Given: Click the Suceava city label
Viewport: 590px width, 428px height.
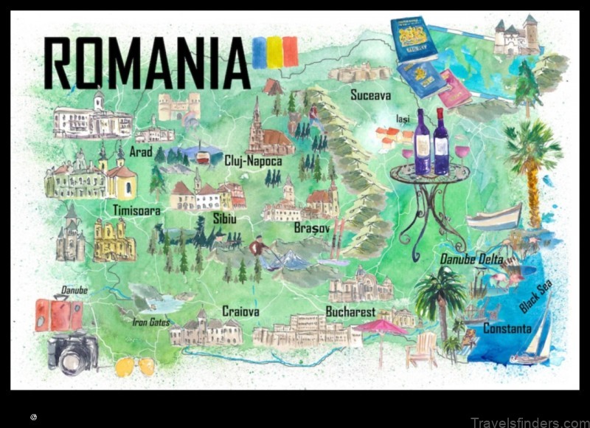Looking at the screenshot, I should tap(371, 95).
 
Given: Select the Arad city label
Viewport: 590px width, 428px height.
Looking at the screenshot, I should tap(140, 151).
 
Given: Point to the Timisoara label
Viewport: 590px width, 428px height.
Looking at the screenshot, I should tap(136, 211).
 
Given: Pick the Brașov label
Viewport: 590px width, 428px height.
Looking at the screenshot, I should tap(312, 228).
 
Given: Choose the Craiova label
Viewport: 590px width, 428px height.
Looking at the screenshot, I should tap(240, 311).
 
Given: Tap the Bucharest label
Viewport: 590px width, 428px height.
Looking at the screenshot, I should tap(350, 311).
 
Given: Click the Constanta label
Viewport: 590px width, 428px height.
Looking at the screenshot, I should tap(507, 328).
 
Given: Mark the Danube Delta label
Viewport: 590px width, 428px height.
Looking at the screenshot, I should tap(472, 259).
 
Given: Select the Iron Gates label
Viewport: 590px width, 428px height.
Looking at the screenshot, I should tap(151, 322).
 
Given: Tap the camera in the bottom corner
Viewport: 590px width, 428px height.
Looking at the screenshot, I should tap(73, 353).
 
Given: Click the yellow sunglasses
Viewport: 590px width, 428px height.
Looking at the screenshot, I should tap(136, 366).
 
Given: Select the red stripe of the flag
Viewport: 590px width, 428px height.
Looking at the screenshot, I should tap(290, 52).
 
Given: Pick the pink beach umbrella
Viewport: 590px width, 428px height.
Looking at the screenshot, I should tap(380, 327).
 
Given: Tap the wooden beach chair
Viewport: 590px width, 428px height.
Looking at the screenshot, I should tap(423, 351).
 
